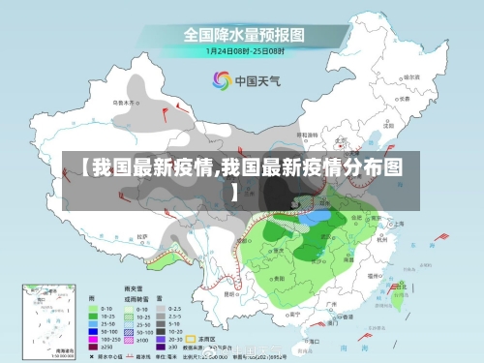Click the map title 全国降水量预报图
click(244, 34)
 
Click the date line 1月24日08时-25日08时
click(244, 51)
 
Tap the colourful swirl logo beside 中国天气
click(221, 79)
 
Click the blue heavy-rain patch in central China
click(314, 218)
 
